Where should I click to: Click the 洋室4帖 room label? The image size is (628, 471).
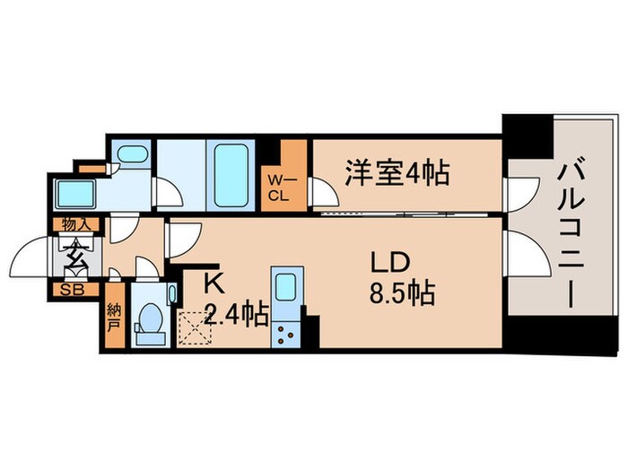[x=397, y=171]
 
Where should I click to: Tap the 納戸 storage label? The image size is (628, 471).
[x=114, y=316]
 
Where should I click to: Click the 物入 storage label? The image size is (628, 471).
[x=74, y=224]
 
